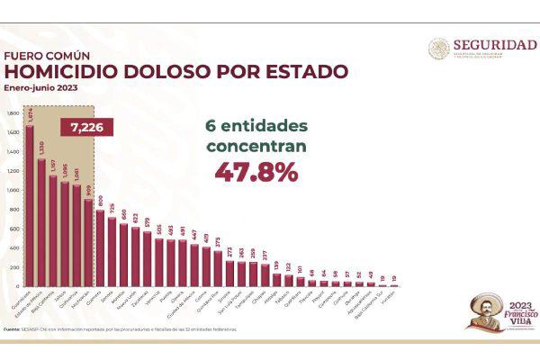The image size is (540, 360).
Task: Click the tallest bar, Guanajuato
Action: pos(29,207)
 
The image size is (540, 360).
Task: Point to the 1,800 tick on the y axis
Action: pos(12,113)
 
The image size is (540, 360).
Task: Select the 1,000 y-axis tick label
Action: pos(12,191)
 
